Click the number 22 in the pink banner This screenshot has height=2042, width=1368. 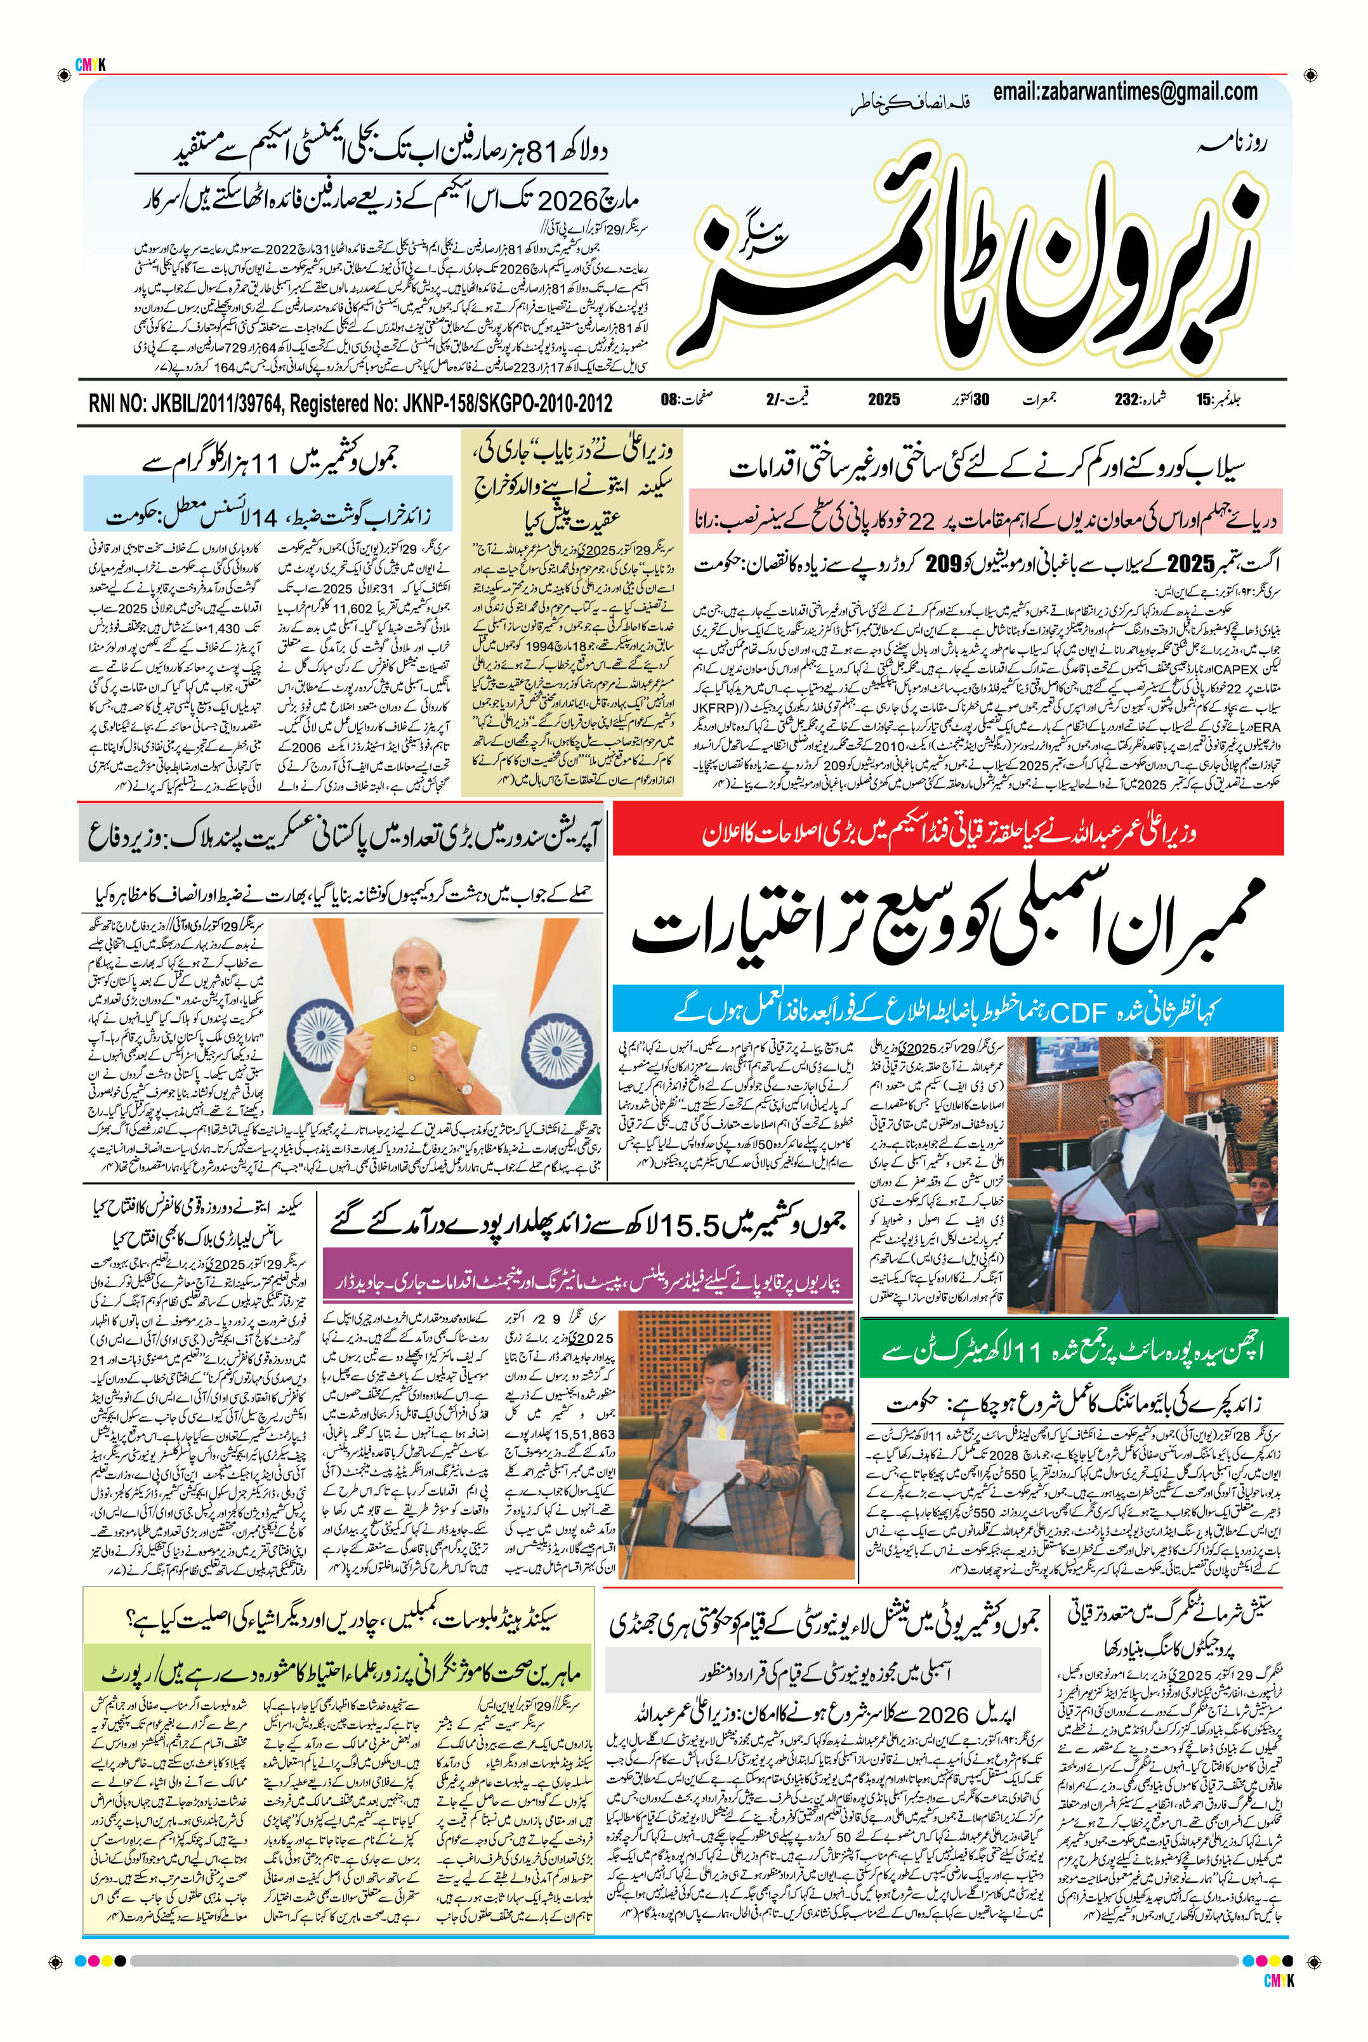coord(926,521)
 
